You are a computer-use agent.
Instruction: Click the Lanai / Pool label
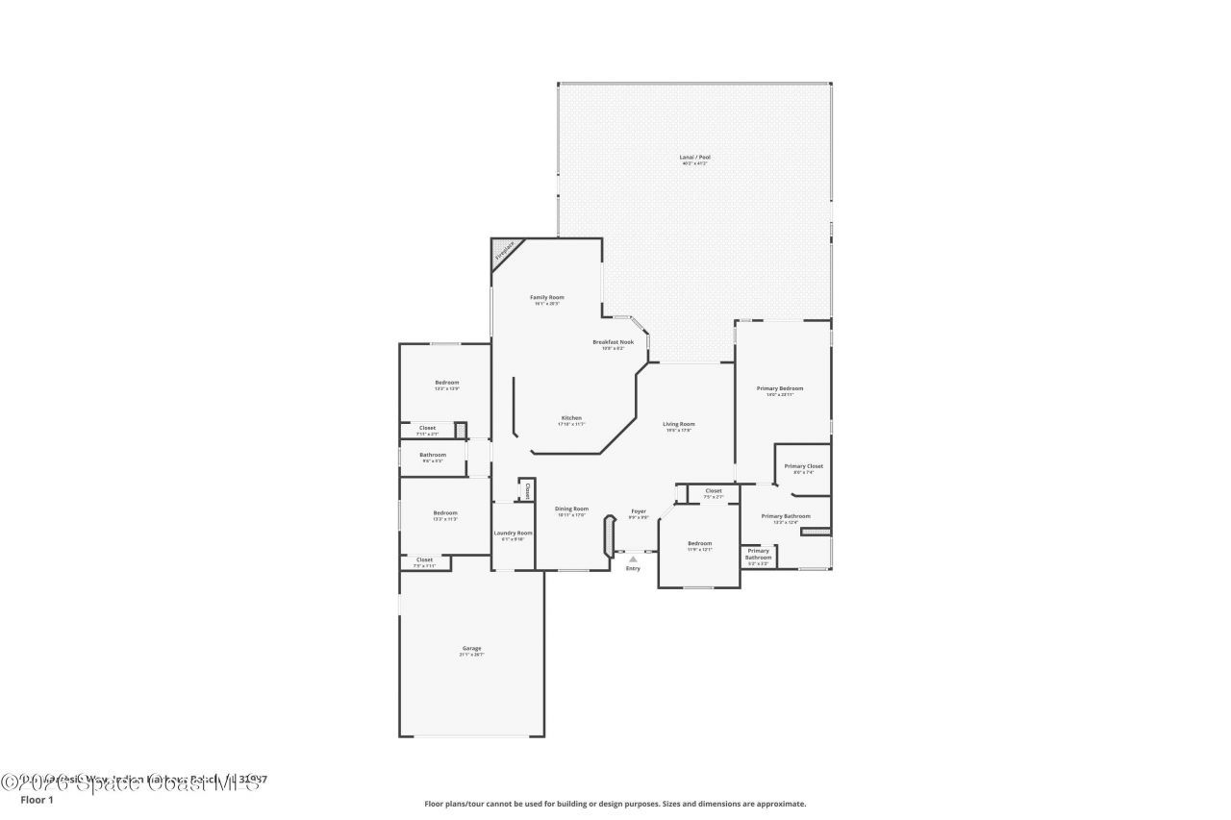coord(694,157)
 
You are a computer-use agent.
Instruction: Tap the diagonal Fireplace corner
coord(505,252)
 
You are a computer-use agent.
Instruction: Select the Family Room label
coord(546,297)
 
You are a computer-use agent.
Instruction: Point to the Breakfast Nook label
coord(613,341)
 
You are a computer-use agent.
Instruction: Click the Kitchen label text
coord(571,418)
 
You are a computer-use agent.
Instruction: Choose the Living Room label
coord(678,424)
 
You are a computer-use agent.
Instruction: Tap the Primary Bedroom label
coord(779,388)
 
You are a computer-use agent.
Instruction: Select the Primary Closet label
coord(803,466)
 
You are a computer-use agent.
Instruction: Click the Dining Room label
coord(571,509)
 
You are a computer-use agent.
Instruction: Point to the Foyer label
coord(639,511)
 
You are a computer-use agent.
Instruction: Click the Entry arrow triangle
coord(633,558)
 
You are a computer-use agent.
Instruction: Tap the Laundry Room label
coord(513,533)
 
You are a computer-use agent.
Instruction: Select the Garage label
coord(471,648)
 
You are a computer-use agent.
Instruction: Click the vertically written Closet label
coord(527,489)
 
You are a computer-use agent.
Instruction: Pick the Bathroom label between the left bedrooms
coord(433,455)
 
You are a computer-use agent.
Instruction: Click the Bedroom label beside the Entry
coord(699,543)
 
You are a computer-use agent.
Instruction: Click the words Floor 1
coord(37,799)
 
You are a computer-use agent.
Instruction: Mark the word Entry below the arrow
coord(633,568)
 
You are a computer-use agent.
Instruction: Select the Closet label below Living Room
coord(713,491)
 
